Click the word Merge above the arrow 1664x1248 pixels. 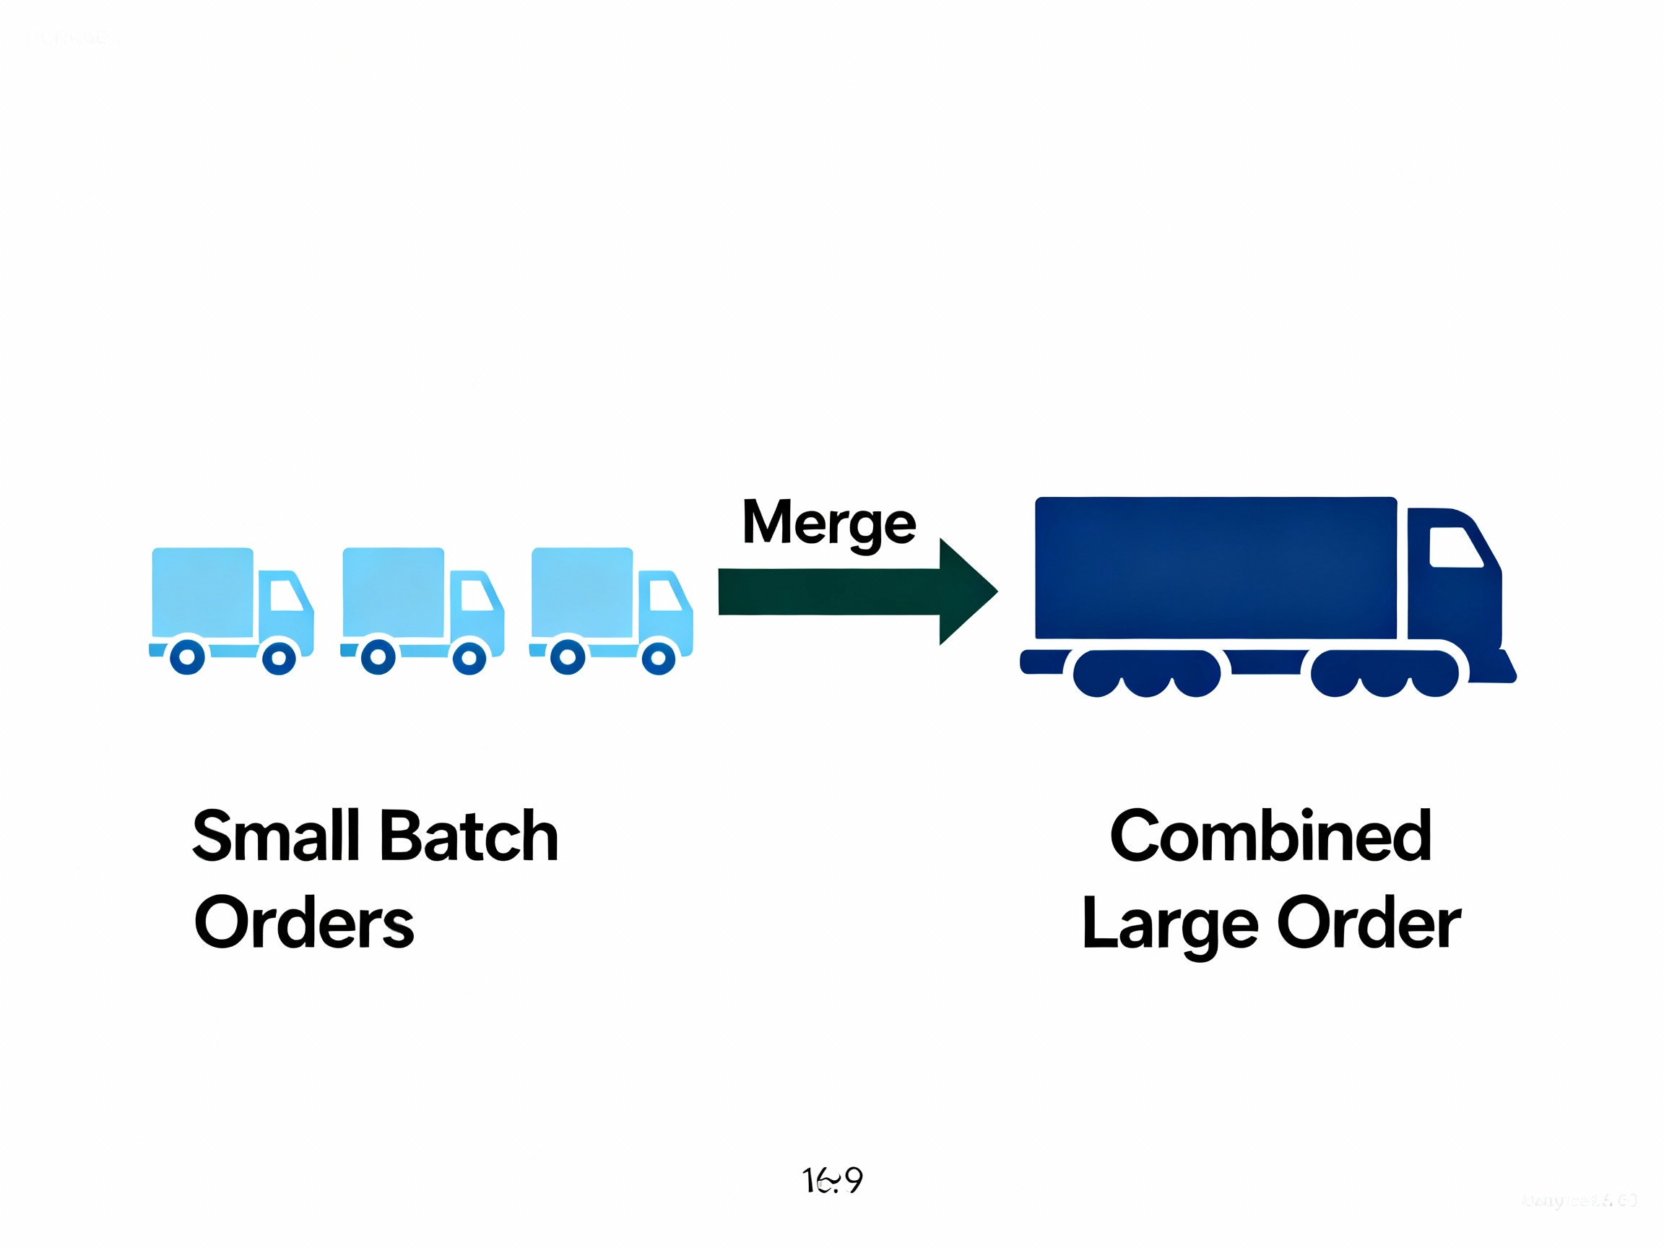pyautogui.click(x=828, y=523)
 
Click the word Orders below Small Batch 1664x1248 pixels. pyautogui.click(x=304, y=922)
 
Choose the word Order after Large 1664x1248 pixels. pyautogui.click(x=1369, y=922)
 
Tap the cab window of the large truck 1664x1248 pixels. pyautogui.click(x=1454, y=547)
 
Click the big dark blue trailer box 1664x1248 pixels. pyautogui.click(x=1215, y=568)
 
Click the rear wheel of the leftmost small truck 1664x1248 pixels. pyautogui.click(x=187, y=657)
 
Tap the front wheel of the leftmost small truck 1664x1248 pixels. pyautogui.click(x=279, y=658)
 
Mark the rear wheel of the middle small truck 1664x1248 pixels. pyautogui.click(x=378, y=657)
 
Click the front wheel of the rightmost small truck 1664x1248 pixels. pyautogui.click(x=658, y=658)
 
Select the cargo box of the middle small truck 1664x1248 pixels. pyautogui.click(x=394, y=593)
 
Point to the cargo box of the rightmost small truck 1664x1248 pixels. pyautogui.click(x=582, y=593)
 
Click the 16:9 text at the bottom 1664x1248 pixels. pyautogui.click(x=832, y=1180)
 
